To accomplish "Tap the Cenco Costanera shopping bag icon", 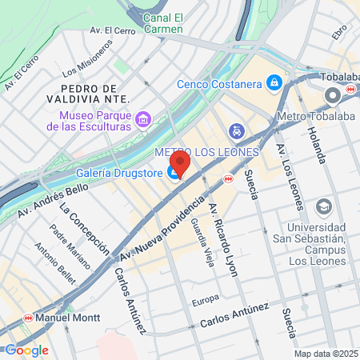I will [274, 82].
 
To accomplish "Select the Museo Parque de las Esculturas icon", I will [143, 120].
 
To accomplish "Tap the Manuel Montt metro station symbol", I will [28, 318].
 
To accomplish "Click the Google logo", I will [26, 350].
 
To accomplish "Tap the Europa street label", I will [206, 302].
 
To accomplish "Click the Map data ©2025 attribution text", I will [325, 353].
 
